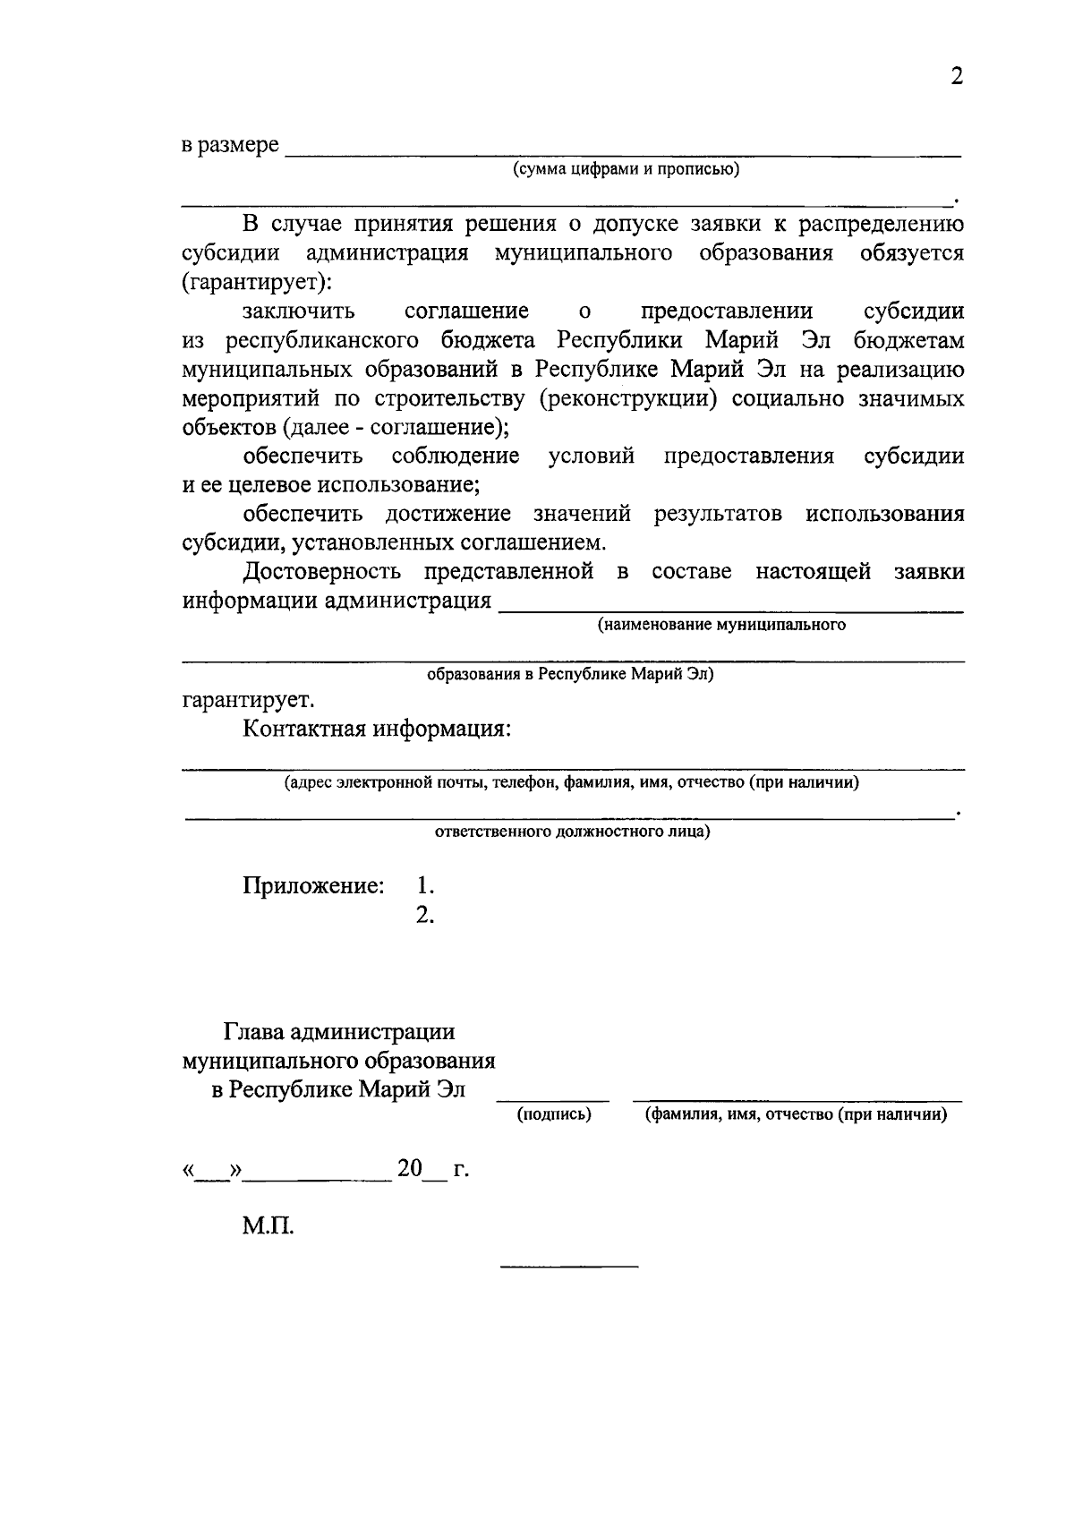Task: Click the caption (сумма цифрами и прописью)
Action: pos(626,169)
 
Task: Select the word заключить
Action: pos(299,311)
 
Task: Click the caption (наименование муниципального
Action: pos(721,625)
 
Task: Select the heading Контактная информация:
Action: pos(377,729)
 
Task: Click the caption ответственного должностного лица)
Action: pos(573,832)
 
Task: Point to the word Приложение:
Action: pos(313,886)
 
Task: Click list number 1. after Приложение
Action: pos(425,886)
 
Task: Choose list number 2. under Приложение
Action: pos(425,915)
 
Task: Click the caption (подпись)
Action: pos(554,1115)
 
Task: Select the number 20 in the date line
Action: pos(410,1168)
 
